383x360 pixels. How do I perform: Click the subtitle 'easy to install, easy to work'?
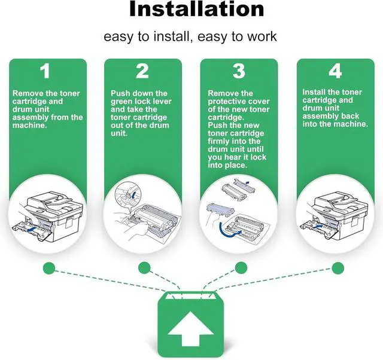[190, 36]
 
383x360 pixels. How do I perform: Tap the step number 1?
[45, 71]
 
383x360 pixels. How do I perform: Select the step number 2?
[142, 71]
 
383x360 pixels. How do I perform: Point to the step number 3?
[239, 71]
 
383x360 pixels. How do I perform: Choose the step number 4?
[336, 71]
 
